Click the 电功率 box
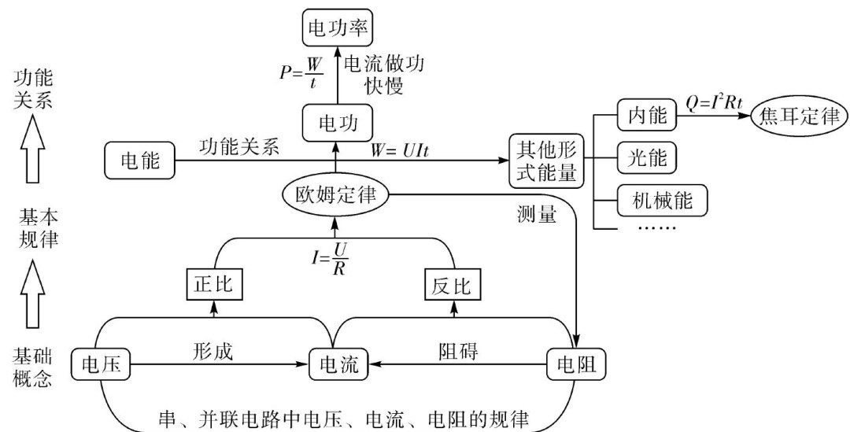point(336,30)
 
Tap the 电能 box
point(139,161)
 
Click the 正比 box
point(212,284)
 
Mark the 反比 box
point(452,284)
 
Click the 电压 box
point(100,364)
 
